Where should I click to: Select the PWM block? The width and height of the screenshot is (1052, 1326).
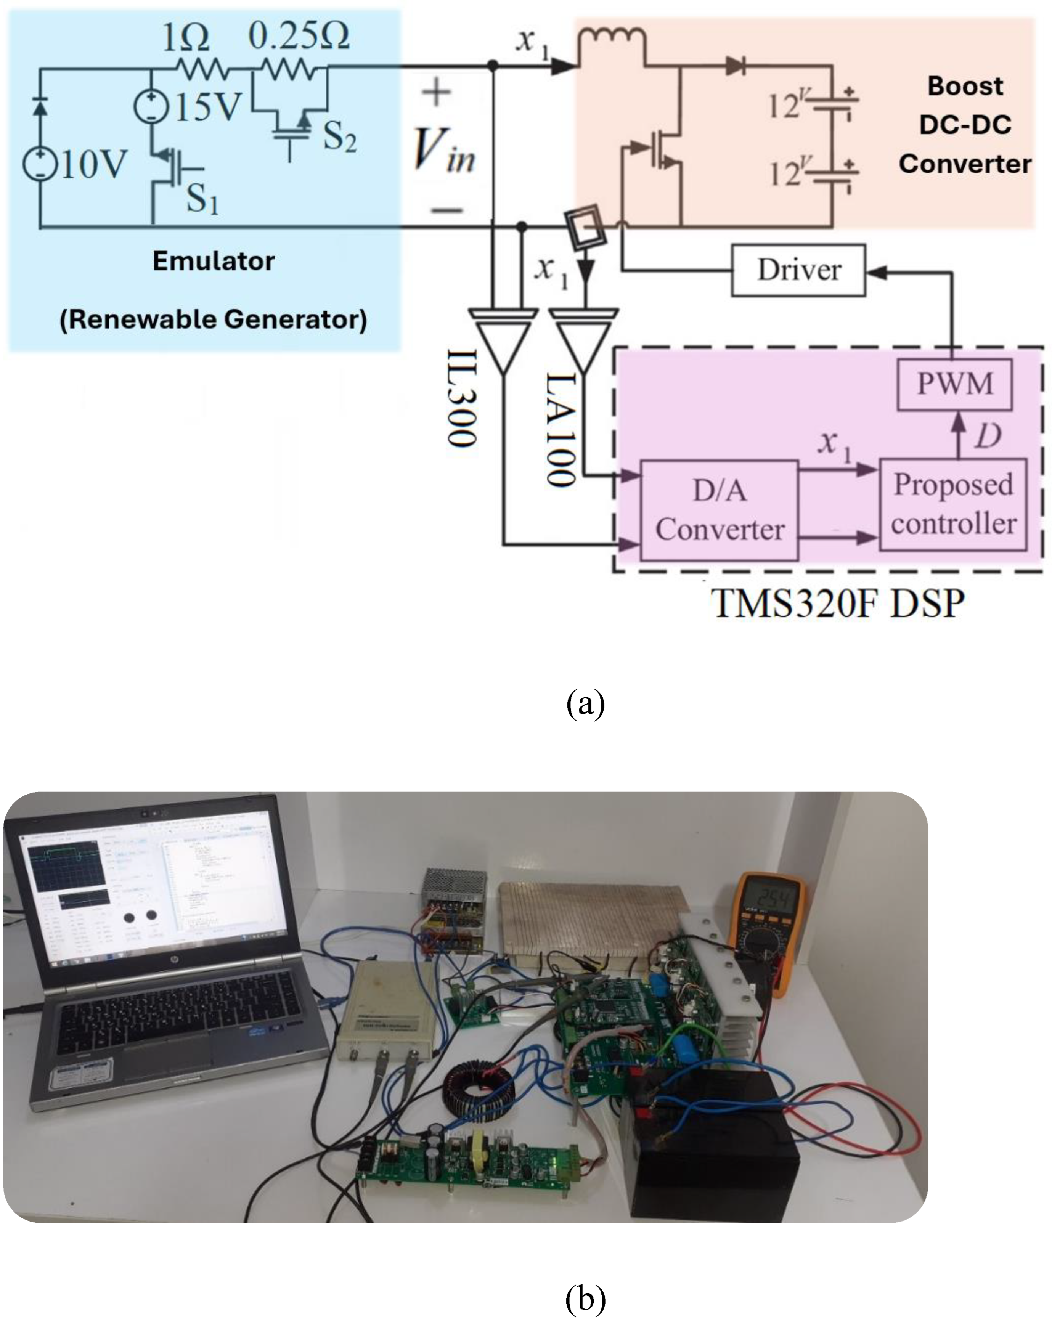point(954,384)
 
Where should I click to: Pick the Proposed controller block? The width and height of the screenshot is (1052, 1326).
point(952,504)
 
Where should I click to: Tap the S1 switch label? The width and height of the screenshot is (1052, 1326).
point(202,199)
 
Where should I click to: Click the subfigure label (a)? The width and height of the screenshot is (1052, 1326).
point(585,703)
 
